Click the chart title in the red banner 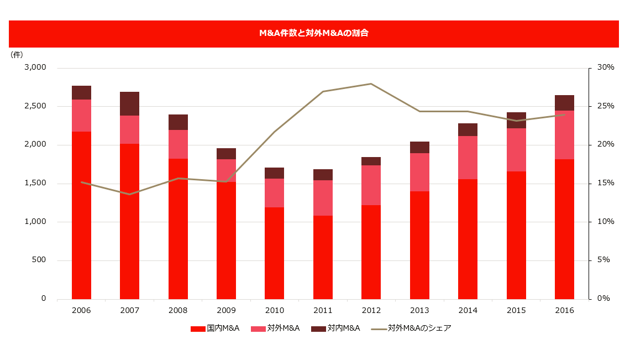[x=314, y=33]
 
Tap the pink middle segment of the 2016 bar [x=565, y=134]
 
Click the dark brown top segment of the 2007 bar [x=130, y=103]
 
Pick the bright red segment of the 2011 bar [x=323, y=257]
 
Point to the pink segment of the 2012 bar [x=371, y=185]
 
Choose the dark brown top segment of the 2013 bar [x=420, y=147]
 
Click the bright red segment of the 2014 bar [x=468, y=238]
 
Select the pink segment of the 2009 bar [x=227, y=170]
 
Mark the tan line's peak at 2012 [x=371, y=84]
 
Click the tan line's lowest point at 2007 [x=130, y=194]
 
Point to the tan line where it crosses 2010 [x=275, y=131]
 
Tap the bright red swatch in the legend [x=198, y=328]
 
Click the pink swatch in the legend [x=259, y=328]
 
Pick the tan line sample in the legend [x=379, y=328]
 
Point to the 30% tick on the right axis [x=606, y=67]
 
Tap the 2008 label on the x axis [x=178, y=310]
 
